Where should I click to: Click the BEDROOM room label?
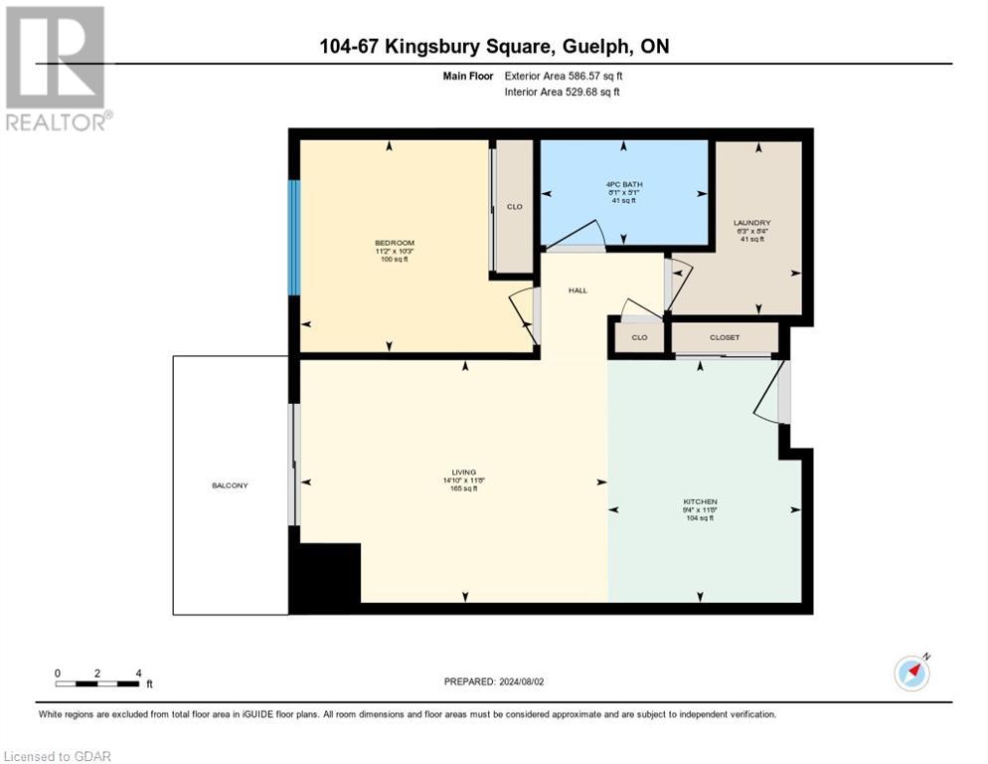(x=394, y=244)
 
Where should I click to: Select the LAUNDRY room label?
(x=751, y=223)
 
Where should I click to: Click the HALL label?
(x=577, y=290)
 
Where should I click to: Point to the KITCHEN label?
(x=700, y=501)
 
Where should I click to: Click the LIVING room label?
(x=463, y=472)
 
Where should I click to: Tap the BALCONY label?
(x=229, y=485)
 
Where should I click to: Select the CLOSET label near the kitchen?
(x=725, y=337)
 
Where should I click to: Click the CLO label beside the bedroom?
(x=514, y=207)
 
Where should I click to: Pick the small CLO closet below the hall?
(x=639, y=337)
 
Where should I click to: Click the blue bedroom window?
(x=294, y=237)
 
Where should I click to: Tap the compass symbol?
(x=911, y=672)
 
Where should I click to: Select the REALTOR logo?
(x=57, y=68)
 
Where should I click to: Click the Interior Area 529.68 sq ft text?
(x=563, y=93)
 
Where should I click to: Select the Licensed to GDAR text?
(x=58, y=756)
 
